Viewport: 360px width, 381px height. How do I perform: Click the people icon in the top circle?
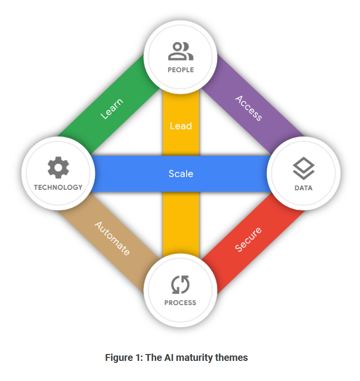(x=180, y=51)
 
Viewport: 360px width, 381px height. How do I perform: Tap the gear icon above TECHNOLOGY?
(x=58, y=169)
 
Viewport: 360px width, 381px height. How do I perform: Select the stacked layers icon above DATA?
(x=303, y=169)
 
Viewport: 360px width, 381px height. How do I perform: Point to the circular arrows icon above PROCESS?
(x=180, y=284)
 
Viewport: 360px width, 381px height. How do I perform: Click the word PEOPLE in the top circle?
(x=180, y=70)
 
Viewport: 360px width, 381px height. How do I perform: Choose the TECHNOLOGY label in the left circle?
(x=58, y=187)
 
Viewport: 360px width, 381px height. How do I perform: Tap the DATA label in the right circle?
(x=303, y=188)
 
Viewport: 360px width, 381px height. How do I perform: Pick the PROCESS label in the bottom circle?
(x=180, y=303)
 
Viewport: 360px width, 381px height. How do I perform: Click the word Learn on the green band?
(x=112, y=109)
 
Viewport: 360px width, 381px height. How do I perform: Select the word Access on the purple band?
(x=249, y=108)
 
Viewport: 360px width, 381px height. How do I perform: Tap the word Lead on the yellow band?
(x=181, y=126)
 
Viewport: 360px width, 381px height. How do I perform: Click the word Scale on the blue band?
(x=181, y=174)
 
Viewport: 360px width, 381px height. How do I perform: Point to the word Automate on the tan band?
(x=112, y=239)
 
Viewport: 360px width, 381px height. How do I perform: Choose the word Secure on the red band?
(x=248, y=239)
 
